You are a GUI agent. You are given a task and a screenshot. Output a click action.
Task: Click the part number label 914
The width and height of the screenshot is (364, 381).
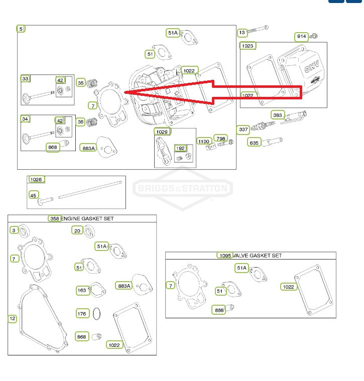[x=301, y=37]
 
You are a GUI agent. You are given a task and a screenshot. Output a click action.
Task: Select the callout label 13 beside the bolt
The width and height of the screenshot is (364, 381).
[x=242, y=33]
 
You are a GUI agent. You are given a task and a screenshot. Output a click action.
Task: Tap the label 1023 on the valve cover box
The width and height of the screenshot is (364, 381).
[x=248, y=46]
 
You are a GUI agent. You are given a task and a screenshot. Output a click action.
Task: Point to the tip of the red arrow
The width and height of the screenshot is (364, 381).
[x=124, y=92]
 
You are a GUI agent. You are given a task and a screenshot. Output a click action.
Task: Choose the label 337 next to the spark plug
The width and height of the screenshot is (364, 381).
[x=243, y=130]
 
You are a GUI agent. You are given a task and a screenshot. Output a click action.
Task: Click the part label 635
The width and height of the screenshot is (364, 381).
[x=254, y=143]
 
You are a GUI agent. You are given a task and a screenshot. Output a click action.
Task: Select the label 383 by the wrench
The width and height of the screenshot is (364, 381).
[x=278, y=115]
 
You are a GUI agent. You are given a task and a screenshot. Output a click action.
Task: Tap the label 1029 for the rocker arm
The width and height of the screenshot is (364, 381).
[x=162, y=132]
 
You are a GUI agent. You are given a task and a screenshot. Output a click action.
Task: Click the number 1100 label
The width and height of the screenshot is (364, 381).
[x=204, y=142]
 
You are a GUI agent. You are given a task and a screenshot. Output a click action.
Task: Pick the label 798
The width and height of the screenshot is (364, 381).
[x=220, y=139]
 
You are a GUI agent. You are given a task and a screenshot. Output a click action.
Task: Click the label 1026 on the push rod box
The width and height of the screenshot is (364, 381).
[x=36, y=179]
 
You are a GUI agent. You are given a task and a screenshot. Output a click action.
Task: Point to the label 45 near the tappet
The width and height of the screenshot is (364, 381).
[x=34, y=195]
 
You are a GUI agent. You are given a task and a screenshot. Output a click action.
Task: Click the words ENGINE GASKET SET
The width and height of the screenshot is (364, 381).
[x=87, y=219]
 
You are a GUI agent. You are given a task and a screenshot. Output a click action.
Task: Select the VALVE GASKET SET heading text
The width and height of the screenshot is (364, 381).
[x=257, y=256]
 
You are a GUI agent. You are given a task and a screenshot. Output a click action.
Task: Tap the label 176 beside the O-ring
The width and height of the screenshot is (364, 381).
[x=82, y=314]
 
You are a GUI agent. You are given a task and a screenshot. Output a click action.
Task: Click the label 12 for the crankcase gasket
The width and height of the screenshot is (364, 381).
[x=13, y=319]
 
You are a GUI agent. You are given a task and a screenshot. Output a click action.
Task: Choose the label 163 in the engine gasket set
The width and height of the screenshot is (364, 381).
[x=82, y=290]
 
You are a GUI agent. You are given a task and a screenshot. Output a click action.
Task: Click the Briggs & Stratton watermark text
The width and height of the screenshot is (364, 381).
[x=183, y=188]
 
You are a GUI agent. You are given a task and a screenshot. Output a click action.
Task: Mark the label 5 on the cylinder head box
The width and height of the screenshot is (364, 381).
[x=21, y=29]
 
